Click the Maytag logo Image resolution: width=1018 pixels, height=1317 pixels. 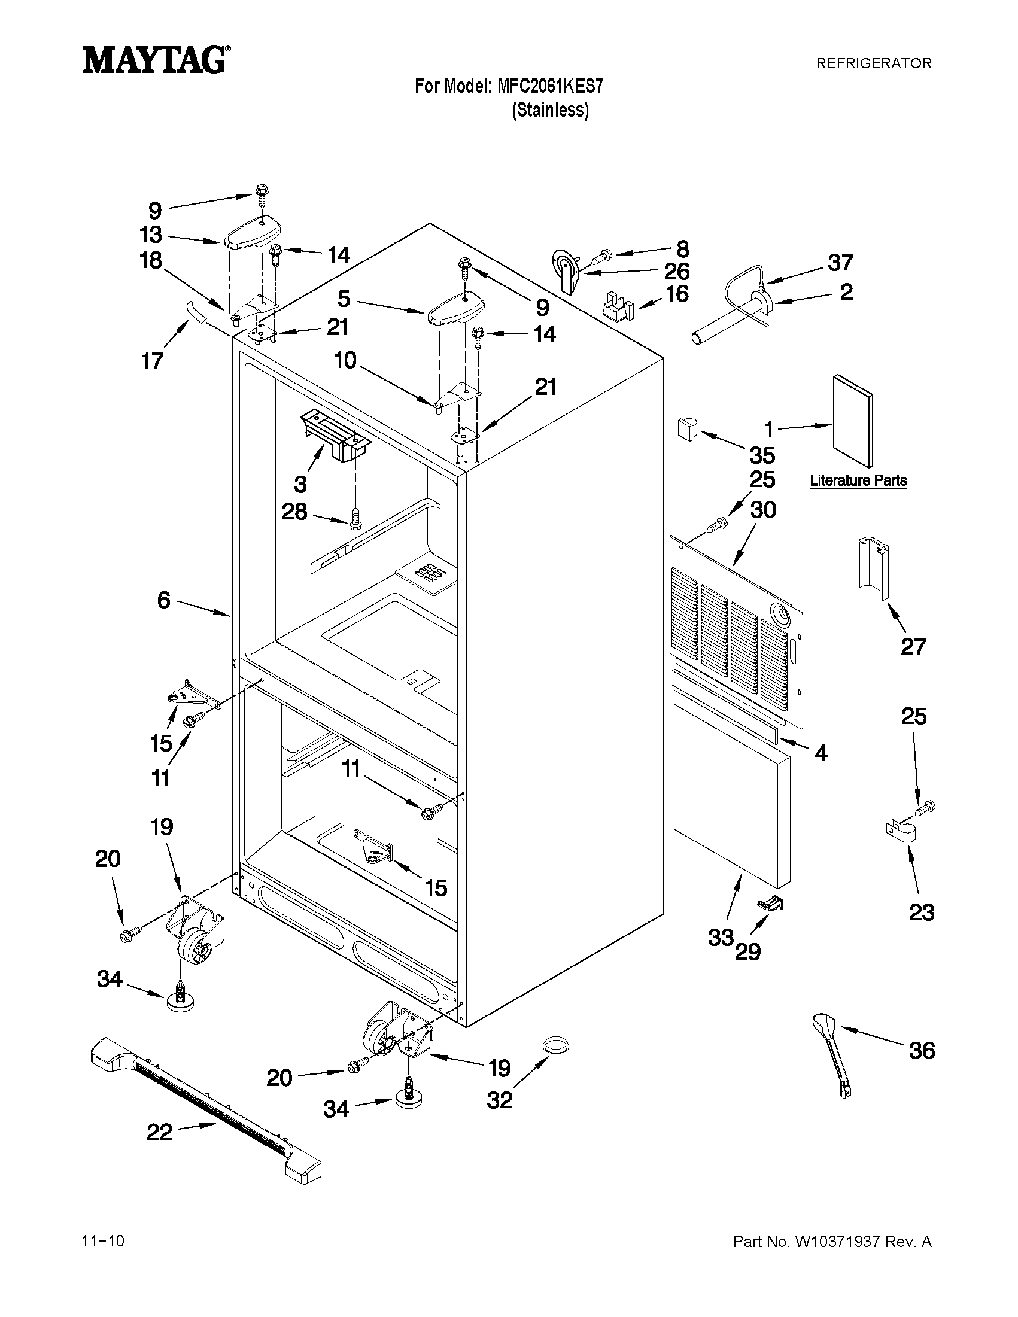[x=155, y=60]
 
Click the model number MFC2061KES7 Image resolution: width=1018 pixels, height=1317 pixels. [x=549, y=87]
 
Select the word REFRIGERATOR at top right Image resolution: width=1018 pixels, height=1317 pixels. [x=873, y=63]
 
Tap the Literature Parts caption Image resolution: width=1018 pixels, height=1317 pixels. [x=858, y=481]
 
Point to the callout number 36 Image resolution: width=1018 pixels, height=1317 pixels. [x=922, y=1051]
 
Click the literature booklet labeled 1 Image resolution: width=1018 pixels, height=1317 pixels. [x=852, y=420]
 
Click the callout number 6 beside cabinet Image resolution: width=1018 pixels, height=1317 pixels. [x=164, y=600]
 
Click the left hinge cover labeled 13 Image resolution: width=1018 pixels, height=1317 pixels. [x=253, y=232]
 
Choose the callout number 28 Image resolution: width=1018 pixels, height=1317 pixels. [x=295, y=512]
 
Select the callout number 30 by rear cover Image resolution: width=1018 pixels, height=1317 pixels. [x=763, y=510]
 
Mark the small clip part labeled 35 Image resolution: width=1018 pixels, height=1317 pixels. [x=684, y=428]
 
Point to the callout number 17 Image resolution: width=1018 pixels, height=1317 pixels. [x=152, y=361]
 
